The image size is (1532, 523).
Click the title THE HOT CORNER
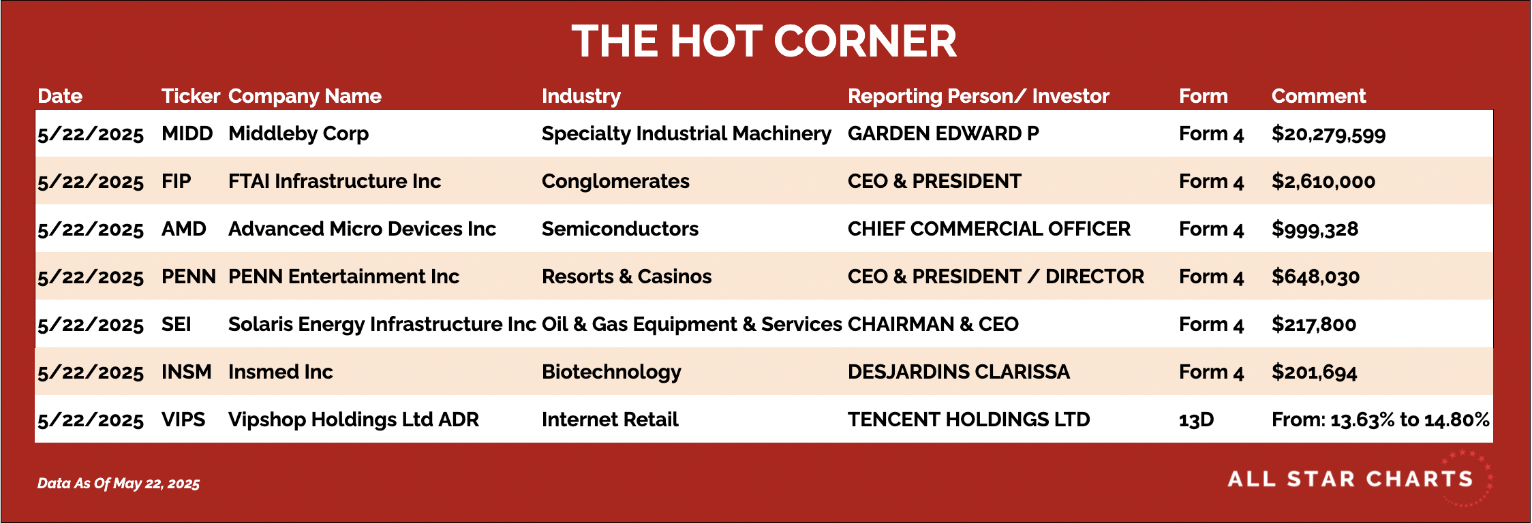click(x=764, y=41)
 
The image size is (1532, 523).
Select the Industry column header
click(x=581, y=97)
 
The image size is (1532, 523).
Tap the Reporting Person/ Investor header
click(x=979, y=96)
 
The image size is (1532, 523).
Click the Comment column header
click(x=1319, y=96)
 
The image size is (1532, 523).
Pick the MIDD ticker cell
click(x=187, y=133)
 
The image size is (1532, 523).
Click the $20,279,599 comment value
click(x=1329, y=134)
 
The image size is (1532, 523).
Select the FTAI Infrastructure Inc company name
click(x=335, y=181)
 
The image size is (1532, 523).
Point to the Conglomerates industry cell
click(x=615, y=181)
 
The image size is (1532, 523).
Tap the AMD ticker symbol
click(x=184, y=229)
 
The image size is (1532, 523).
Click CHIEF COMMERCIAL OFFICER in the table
click(x=989, y=229)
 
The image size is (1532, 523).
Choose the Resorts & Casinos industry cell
click(x=627, y=276)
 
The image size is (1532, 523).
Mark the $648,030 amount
click(x=1316, y=277)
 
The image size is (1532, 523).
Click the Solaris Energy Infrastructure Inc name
click(x=382, y=324)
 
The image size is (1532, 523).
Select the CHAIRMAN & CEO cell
click(x=933, y=324)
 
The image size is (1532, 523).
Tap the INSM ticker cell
click(x=187, y=372)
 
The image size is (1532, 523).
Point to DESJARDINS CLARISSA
click(x=959, y=372)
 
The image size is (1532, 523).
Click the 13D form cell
click(x=1197, y=419)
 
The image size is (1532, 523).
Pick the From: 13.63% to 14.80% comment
click(x=1381, y=419)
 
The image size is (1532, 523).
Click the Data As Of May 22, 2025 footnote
click(x=119, y=484)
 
